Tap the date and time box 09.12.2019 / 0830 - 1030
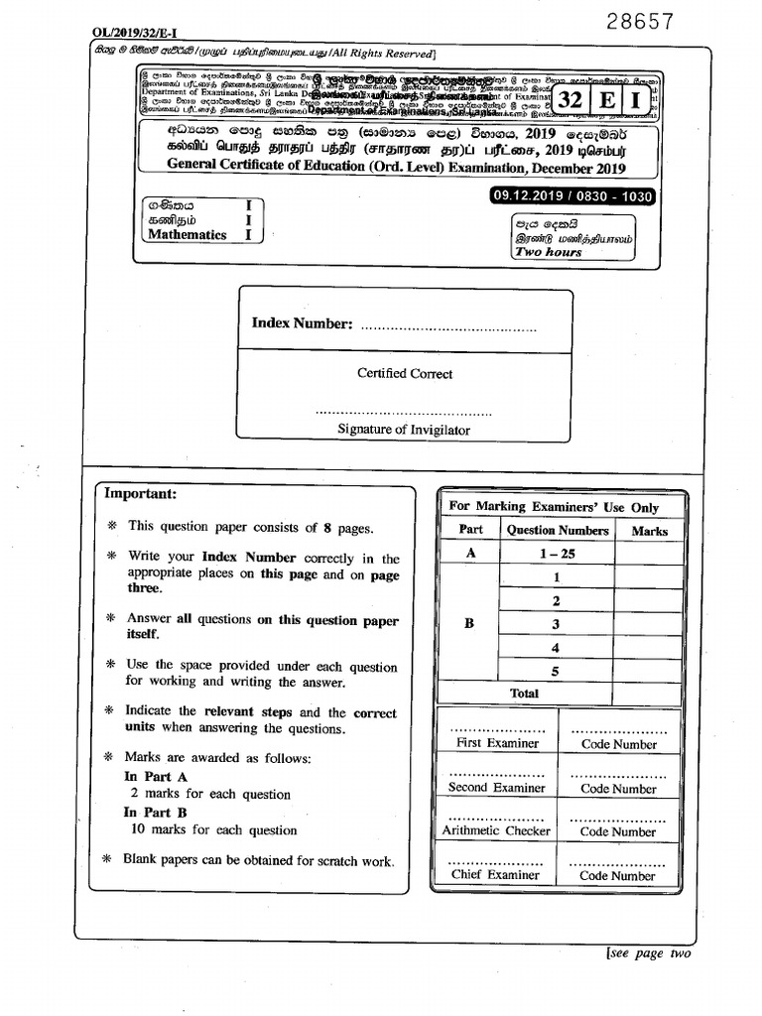pyautogui.click(x=572, y=196)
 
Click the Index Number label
pyautogui.click(x=302, y=323)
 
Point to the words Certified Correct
pyautogui.click(x=405, y=373)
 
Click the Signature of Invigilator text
pyautogui.click(x=404, y=430)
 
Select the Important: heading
pyautogui.click(x=141, y=493)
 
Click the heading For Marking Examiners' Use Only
pyautogui.click(x=554, y=506)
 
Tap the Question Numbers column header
pyautogui.click(x=557, y=531)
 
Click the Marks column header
pyautogui.click(x=649, y=531)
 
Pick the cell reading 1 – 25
pyautogui.click(x=557, y=554)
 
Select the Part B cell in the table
pyautogui.click(x=470, y=623)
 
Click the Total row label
pyautogui.click(x=524, y=694)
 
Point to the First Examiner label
pyautogui.click(x=497, y=743)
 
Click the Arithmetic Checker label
pyautogui.click(x=496, y=830)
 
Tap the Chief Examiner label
pyautogui.click(x=496, y=875)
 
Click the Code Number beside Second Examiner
pyautogui.click(x=618, y=789)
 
